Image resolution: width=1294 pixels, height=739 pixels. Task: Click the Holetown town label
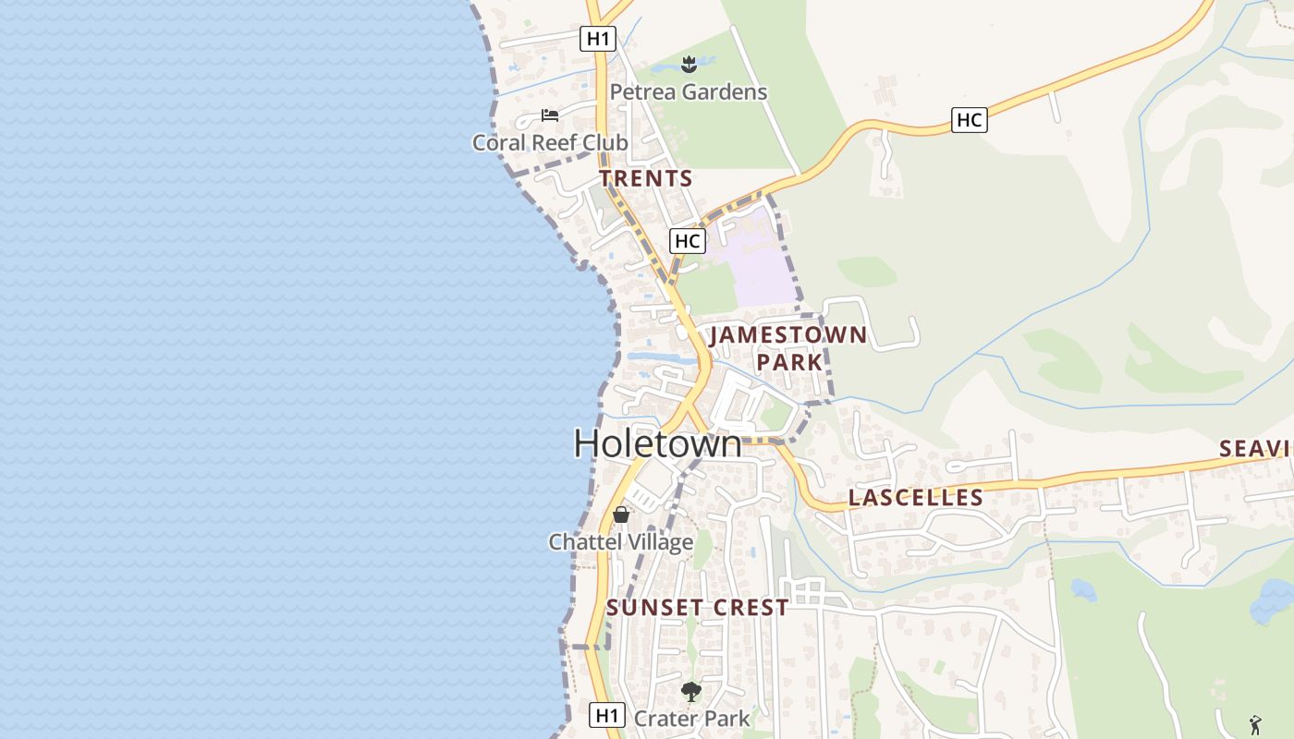657,443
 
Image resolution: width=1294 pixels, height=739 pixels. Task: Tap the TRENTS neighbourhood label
645,178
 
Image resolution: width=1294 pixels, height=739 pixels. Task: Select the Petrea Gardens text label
688,92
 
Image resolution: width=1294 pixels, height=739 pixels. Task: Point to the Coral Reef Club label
550,142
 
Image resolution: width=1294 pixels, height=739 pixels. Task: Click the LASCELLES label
915,498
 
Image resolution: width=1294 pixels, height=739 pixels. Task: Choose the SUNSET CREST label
697,607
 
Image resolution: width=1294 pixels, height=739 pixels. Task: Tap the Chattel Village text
620,542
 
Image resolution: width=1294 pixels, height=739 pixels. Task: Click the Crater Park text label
691,718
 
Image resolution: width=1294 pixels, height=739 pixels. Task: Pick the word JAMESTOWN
788,334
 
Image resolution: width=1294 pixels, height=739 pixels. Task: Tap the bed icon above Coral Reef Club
550,115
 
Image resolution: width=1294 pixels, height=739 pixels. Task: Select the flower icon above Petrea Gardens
688,64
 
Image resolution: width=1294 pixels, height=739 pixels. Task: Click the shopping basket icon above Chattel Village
621,515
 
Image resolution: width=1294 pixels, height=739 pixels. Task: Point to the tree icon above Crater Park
690,691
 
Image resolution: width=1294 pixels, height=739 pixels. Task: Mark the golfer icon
1255,724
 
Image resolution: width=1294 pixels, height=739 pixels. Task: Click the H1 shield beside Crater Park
605,715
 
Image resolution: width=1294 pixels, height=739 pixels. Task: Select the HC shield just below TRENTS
687,241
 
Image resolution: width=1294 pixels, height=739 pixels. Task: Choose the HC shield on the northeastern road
969,119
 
